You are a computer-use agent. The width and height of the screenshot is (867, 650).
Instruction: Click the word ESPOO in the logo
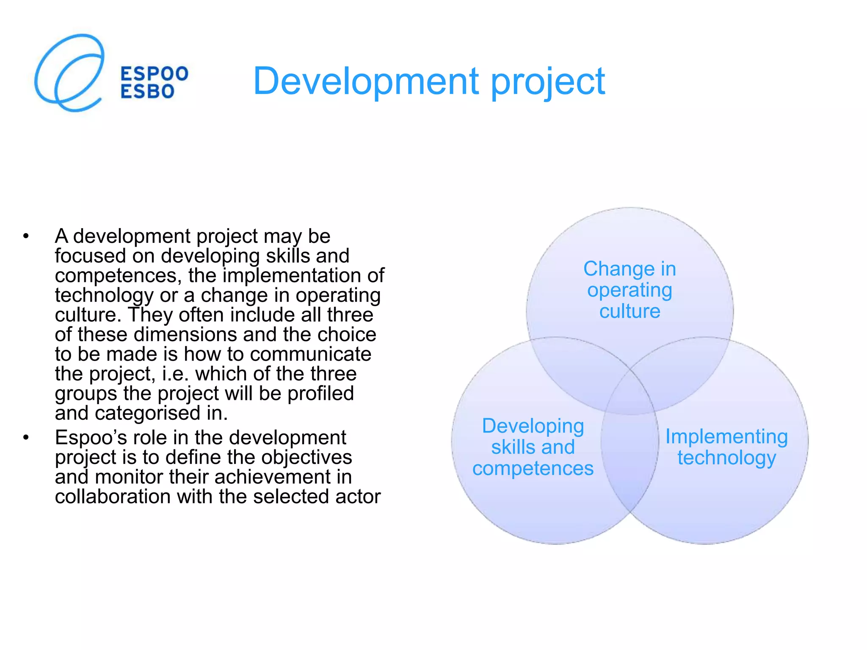click(155, 74)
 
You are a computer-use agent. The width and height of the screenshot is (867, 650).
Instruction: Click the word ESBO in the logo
click(147, 92)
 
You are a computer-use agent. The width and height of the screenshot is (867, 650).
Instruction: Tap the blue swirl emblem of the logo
click(69, 73)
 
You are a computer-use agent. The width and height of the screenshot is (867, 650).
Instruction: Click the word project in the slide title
click(548, 81)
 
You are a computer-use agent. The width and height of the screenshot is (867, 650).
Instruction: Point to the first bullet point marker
click(26, 236)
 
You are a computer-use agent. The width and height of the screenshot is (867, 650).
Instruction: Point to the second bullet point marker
click(26, 438)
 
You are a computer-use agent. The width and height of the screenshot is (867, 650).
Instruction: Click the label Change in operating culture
click(630, 290)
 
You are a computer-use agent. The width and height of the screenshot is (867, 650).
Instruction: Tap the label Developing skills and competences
click(533, 447)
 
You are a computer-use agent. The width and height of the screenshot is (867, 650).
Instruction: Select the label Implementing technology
click(726, 447)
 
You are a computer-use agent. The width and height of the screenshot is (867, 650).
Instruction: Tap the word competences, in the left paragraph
click(118, 275)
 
